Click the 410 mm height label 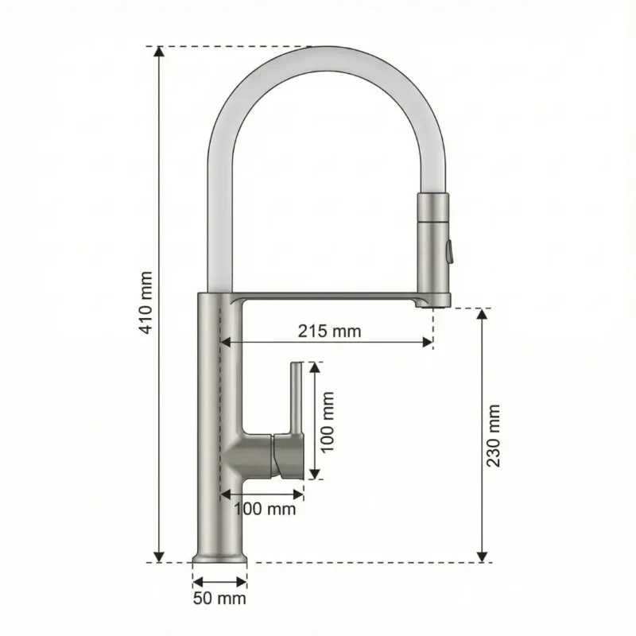coord(145,303)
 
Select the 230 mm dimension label coord(494,435)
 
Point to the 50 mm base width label coord(219,598)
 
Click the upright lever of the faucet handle coord(295,397)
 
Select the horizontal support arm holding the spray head coord(334,297)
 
